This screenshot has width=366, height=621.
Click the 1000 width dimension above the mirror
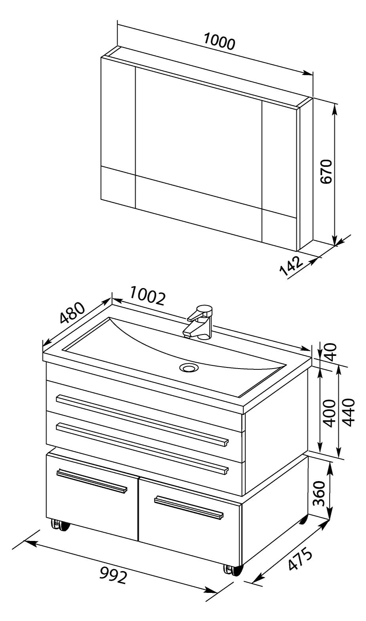click(x=219, y=42)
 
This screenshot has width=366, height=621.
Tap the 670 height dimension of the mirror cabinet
click(x=326, y=171)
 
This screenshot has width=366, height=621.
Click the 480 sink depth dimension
click(x=72, y=313)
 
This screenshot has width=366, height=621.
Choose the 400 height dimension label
click(x=330, y=413)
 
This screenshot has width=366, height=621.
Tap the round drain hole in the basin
click(x=189, y=368)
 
